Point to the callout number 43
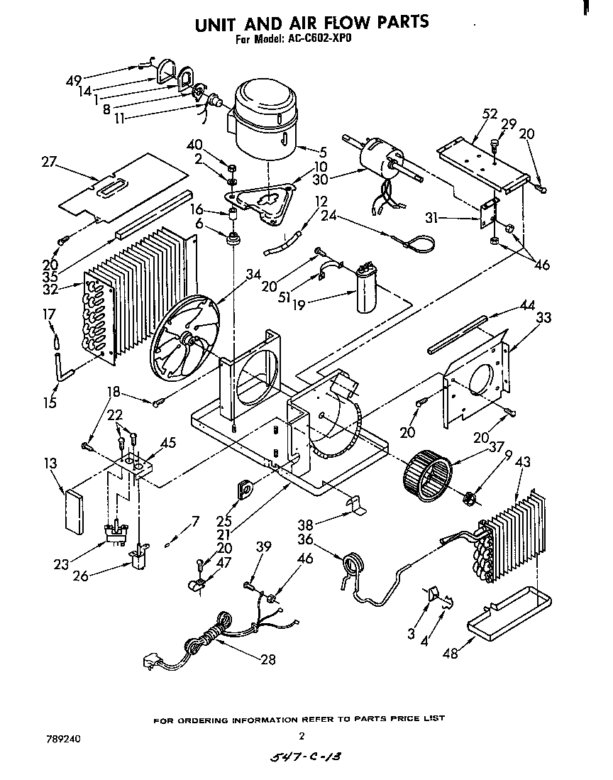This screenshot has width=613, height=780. (x=522, y=461)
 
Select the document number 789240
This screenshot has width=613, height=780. (x=65, y=739)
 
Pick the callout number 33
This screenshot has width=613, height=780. (x=543, y=319)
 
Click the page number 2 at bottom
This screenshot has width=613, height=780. (x=302, y=735)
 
